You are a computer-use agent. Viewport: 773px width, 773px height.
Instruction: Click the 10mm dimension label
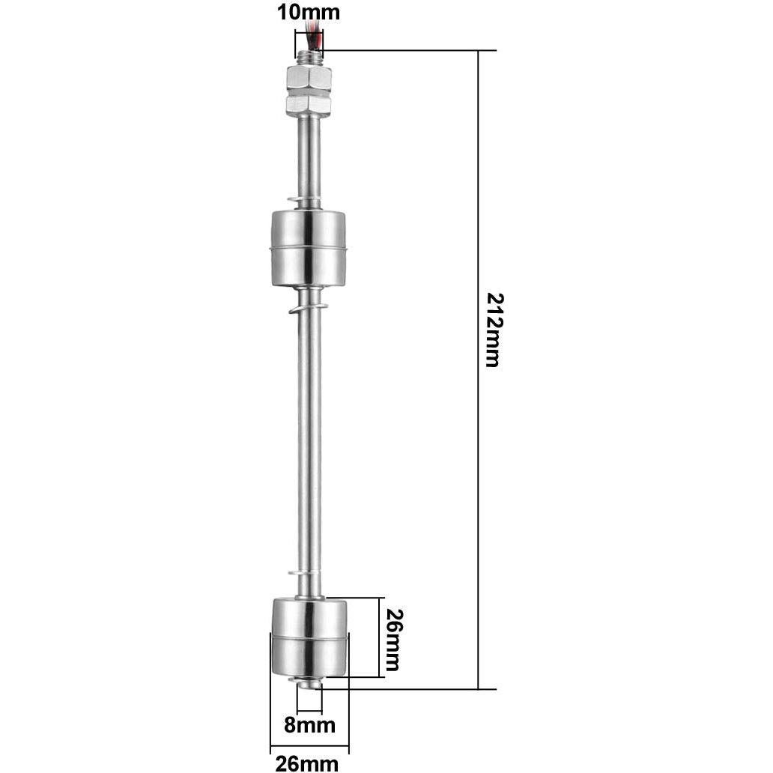(x=309, y=13)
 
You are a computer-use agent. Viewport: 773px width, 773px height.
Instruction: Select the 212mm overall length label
(x=492, y=329)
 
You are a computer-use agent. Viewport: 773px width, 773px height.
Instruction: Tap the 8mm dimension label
(x=309, y=725)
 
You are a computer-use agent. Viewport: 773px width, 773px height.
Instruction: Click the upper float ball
(x=309, y=247)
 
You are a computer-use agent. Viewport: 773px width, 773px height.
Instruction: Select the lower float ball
(x=309, y=637)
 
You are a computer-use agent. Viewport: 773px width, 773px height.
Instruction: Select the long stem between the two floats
(x=309, y=442)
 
